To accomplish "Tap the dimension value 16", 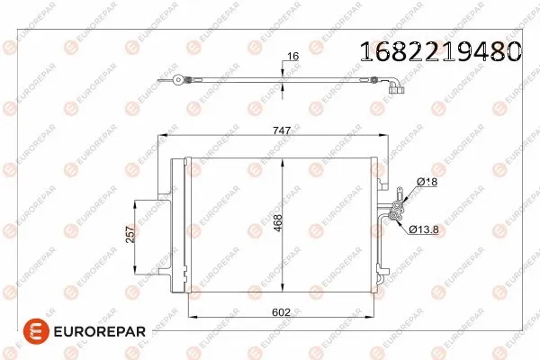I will (292, 57).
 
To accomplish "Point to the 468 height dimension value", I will (278, 222).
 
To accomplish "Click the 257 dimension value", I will (130, 235).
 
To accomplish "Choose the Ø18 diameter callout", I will (427, 182).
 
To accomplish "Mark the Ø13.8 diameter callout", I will (425, 229).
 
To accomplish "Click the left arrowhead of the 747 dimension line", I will (163, 137).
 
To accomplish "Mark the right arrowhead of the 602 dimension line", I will (374, 318).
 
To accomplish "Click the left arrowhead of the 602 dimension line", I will (189, 318).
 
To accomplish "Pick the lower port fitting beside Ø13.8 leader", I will (392, 213).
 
